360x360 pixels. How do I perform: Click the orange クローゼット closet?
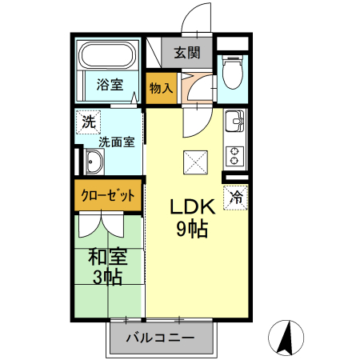110,195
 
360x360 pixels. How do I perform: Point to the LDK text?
191,206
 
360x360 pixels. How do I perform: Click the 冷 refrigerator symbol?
236,195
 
